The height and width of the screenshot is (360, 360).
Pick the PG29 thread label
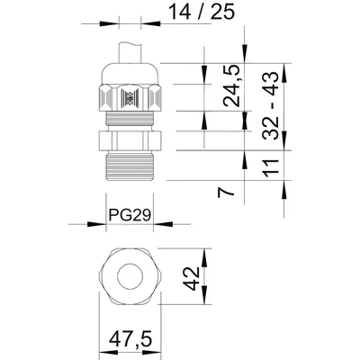click(128, 217)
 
